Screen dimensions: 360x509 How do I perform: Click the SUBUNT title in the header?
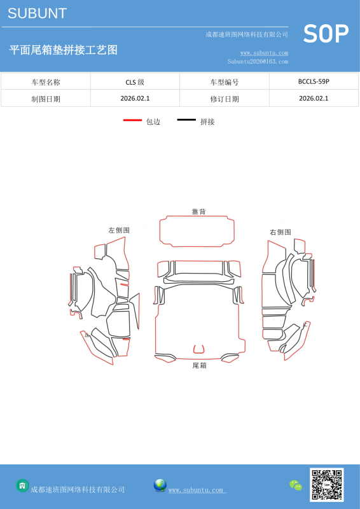[x=37, y=13]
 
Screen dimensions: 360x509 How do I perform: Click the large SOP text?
[x=326, y=34]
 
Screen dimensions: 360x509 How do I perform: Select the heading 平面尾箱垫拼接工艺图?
[x=64, y=50]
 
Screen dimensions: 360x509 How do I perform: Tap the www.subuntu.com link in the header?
[x=264, y=53]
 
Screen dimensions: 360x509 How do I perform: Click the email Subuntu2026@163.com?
[x=258, y=61]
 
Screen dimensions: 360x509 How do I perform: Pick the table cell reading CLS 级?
[x=135, y=82]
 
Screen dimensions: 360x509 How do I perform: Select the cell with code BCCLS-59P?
[x=314, y=81]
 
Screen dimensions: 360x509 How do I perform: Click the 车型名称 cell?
[x=46, y=82]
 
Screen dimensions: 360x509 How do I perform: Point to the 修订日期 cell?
[x=225, y=99]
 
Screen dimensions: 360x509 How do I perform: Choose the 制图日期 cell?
[x=46, y=99]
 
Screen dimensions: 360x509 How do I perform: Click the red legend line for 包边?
[x=132, y=120]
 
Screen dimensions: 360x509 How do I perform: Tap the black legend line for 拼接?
[x=186, y=120]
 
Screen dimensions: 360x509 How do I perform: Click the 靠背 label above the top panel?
[x=198, y=212]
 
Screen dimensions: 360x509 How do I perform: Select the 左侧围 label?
[x=119, y=230]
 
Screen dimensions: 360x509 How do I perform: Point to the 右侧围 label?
[x=280, y=232]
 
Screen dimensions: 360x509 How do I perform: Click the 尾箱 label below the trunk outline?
[x=199, y=365]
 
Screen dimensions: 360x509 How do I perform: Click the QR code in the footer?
[x=326, y=485]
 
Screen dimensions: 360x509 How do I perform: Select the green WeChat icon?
[x=296, y=485]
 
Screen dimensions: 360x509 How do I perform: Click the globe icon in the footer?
[x=160, y=485]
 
